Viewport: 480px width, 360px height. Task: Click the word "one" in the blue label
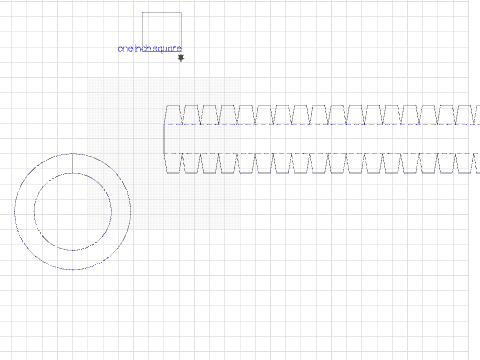[125, 48]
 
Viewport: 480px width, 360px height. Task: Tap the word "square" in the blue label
[167, 48]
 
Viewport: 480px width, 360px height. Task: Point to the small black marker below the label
[181, 59]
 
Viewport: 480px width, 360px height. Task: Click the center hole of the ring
[72, 212]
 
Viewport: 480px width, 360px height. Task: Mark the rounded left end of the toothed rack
[165, 139]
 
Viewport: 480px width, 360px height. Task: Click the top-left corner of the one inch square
[142, 12]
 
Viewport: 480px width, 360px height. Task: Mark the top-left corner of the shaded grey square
[87, 79]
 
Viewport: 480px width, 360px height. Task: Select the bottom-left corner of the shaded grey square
[87, 229]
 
